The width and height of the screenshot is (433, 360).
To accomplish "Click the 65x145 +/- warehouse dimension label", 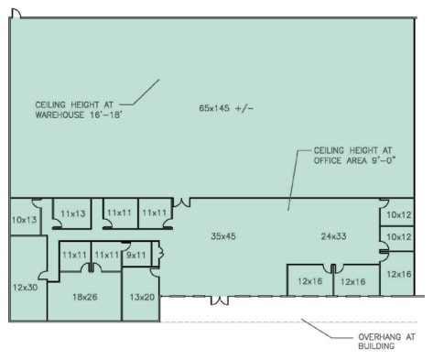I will coord(224,108).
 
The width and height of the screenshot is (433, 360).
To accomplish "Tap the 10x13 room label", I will coord(25,220).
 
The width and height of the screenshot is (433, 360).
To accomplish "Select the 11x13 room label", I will coord(72,213).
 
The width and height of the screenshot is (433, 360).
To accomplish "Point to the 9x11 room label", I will coord(135,255).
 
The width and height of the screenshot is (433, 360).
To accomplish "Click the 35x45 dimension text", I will coord(223,236).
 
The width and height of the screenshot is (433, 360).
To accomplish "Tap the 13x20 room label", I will coord(142,297).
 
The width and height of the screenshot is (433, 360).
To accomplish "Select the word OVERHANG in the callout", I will coord(378,337).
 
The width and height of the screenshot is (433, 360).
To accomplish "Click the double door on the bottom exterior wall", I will coord(220,300).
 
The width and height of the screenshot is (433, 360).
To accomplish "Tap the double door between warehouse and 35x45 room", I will coord(183,201).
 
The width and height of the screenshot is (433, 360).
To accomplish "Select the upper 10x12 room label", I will coord(400,214).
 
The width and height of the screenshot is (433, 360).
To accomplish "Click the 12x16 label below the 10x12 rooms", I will coord(400,274).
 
